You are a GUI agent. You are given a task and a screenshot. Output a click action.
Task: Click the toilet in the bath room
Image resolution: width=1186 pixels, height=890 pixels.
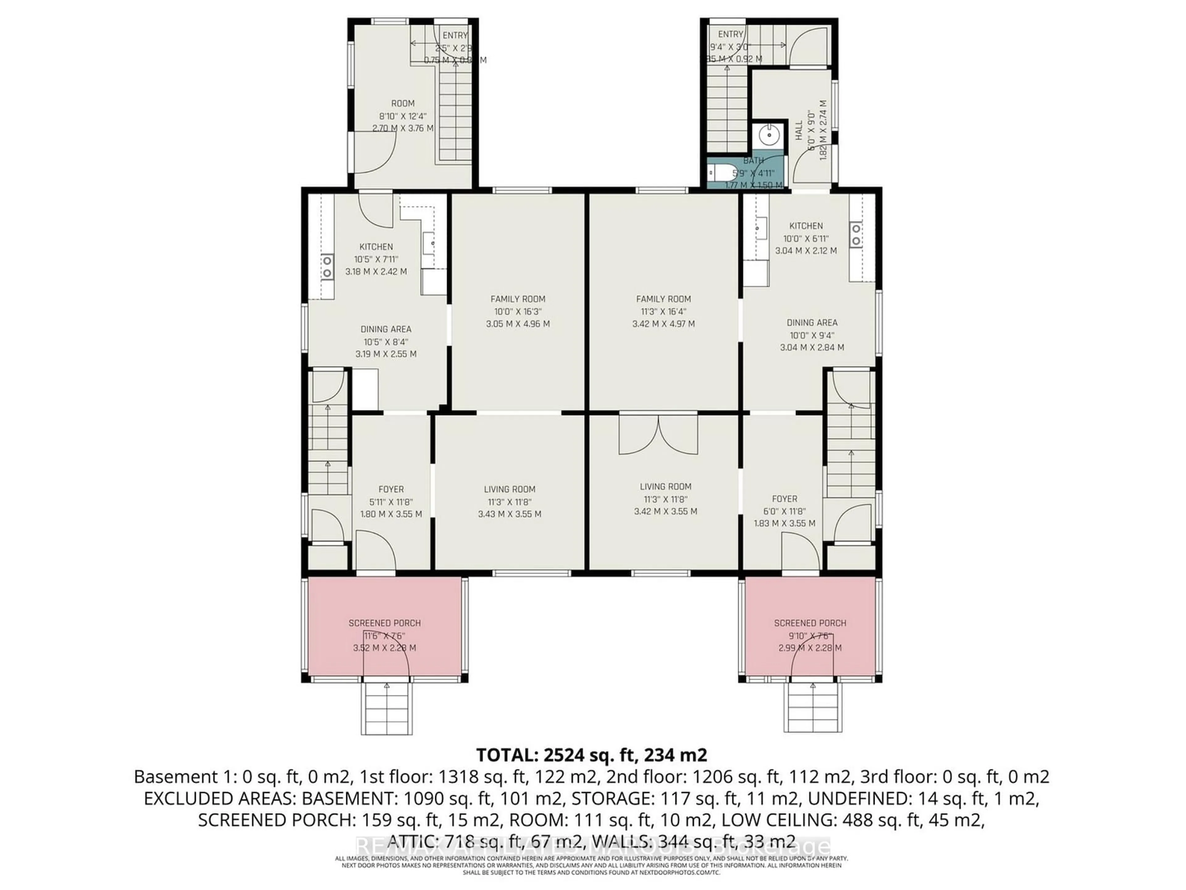715,173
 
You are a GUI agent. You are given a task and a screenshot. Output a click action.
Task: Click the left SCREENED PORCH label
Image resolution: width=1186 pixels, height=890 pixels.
385,623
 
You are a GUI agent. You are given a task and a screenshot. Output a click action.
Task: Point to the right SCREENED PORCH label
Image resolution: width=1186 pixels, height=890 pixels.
810,623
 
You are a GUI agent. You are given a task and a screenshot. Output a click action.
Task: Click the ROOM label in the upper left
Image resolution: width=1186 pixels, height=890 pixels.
403,103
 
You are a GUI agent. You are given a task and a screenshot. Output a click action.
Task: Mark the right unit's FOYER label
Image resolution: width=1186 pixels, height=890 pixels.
784,499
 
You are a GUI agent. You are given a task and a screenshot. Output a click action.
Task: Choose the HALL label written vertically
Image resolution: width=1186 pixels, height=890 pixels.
799,130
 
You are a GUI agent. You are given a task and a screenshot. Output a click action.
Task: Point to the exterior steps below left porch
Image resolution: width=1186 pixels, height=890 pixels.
387,708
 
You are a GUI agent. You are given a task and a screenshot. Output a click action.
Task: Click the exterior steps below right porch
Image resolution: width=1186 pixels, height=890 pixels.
813,707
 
